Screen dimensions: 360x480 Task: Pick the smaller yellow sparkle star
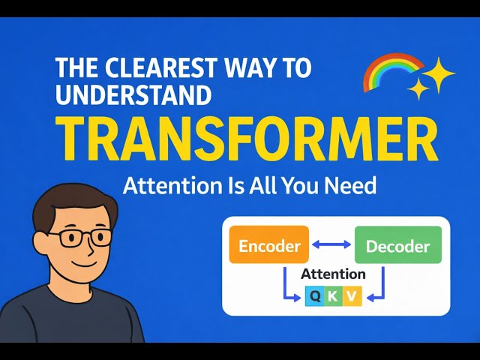418,90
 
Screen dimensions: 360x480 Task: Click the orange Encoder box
270,245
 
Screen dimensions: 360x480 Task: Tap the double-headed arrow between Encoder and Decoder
331,245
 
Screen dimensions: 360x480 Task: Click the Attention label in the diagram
333,274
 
